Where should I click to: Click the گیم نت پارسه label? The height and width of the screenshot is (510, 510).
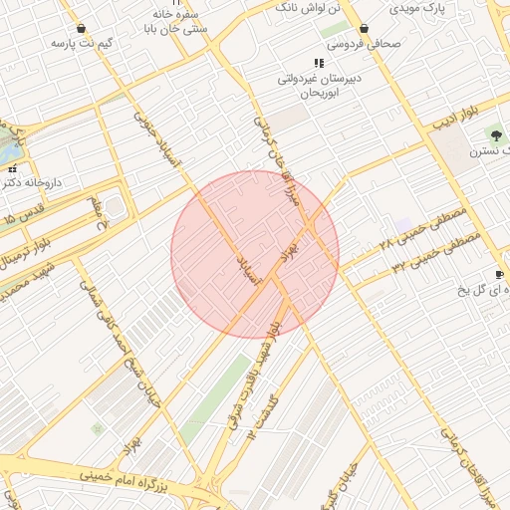(81, 45)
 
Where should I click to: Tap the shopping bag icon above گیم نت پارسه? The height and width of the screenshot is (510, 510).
(81, 29)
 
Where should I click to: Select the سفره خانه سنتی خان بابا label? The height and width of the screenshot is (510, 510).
(183, 22)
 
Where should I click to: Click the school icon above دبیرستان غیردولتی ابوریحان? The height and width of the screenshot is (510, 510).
(319, 63)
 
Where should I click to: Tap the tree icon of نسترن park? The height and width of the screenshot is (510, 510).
(496, 135)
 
